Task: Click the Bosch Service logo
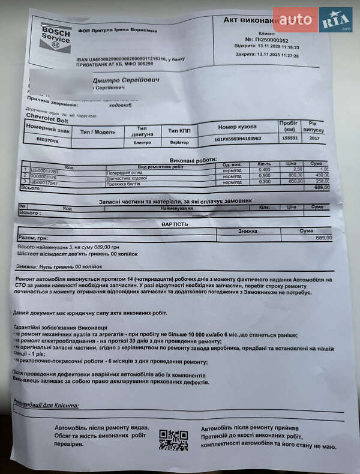(55, 37)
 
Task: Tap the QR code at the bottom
(173, 440)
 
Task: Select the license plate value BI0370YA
(47, 139)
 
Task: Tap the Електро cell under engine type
(142, 143)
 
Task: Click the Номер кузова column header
(237, 127)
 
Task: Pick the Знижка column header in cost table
(247, 231)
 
